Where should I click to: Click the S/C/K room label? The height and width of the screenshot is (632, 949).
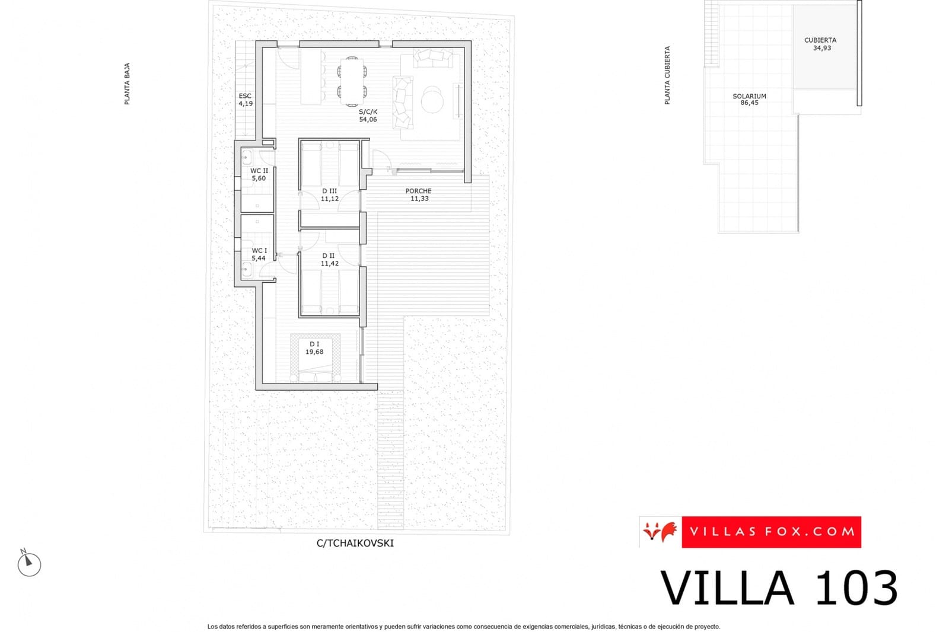368,111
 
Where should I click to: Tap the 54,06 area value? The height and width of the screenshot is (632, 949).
368,120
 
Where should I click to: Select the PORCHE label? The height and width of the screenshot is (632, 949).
418,191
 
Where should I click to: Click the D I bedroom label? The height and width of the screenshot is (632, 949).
314,344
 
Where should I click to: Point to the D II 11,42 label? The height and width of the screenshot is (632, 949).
329,260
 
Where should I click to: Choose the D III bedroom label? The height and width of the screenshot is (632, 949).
329,191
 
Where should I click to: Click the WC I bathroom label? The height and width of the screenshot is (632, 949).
259,251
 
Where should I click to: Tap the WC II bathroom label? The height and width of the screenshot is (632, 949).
259,171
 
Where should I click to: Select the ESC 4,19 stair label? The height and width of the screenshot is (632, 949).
245,100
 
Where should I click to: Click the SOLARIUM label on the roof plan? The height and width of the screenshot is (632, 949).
749,96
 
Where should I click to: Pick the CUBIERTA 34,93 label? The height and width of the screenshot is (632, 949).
820,44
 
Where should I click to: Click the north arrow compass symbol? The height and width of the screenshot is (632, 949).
28,564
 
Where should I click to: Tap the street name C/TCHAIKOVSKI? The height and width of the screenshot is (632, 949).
355,543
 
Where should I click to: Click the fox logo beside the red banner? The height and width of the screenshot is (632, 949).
660,531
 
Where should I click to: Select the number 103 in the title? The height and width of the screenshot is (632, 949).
856,588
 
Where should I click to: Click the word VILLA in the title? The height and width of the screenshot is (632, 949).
727,588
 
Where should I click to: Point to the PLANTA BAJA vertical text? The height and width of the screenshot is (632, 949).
127,84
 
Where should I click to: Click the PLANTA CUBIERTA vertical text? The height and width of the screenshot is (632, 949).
667,75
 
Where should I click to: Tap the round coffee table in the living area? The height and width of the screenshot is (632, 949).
432,100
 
